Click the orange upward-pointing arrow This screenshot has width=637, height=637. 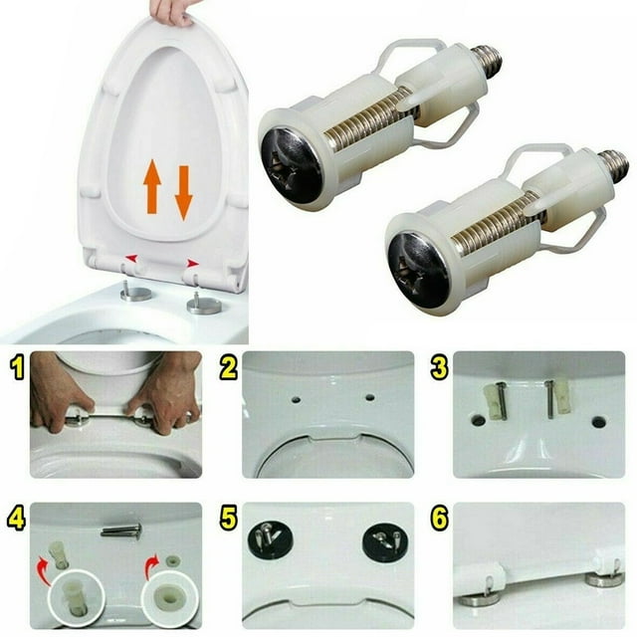[152, 186]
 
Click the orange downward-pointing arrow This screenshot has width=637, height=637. [183, 193]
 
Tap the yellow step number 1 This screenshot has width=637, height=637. [17, 367]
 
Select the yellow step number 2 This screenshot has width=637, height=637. [228, 367]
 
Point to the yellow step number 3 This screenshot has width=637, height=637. [439, 367]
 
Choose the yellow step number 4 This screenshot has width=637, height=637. [17, 519]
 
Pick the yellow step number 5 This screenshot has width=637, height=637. [228, 519]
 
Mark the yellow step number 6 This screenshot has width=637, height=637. [440, 519]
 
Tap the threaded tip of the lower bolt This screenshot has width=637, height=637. [615, 166]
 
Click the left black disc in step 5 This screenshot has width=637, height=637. [269, 539]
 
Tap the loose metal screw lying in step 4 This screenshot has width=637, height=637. [121, 531]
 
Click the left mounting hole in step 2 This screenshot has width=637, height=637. [297, 400]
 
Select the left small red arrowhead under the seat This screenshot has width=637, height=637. [131, 258]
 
